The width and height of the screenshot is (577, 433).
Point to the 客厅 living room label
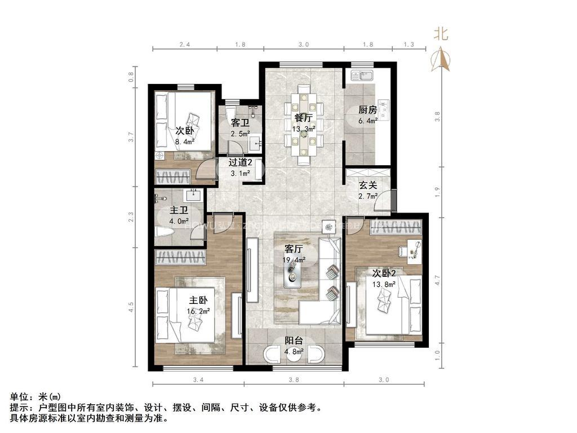294,249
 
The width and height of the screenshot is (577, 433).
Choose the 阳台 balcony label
294,341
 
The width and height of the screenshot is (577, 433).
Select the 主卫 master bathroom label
180,211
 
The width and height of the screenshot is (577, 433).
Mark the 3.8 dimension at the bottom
294,379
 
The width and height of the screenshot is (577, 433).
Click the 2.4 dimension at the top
185,44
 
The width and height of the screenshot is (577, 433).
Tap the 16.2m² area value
198,310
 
